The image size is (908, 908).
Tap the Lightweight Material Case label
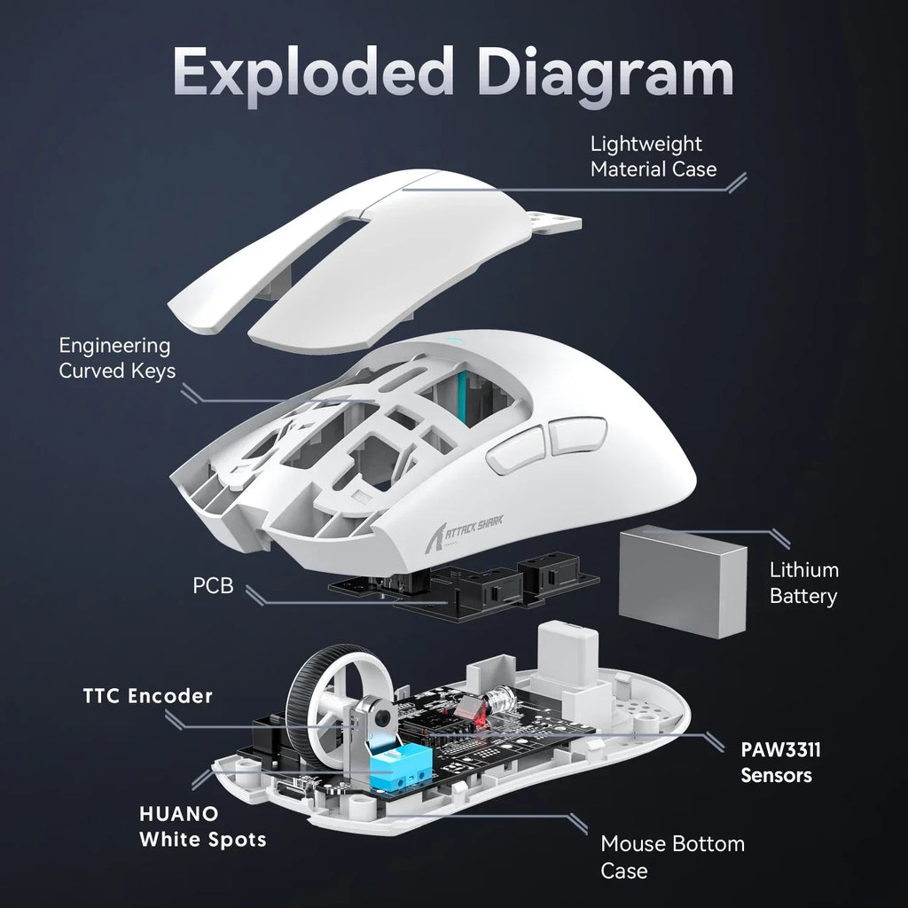point(654,156)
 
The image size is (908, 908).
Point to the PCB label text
point(213,586)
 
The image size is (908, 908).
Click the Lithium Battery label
point(803,583)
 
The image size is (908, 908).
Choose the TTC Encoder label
point(148,696)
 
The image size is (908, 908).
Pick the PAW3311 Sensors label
point(780,762)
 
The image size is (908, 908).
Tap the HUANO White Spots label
point(202,826)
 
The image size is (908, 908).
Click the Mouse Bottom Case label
point(672,856)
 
